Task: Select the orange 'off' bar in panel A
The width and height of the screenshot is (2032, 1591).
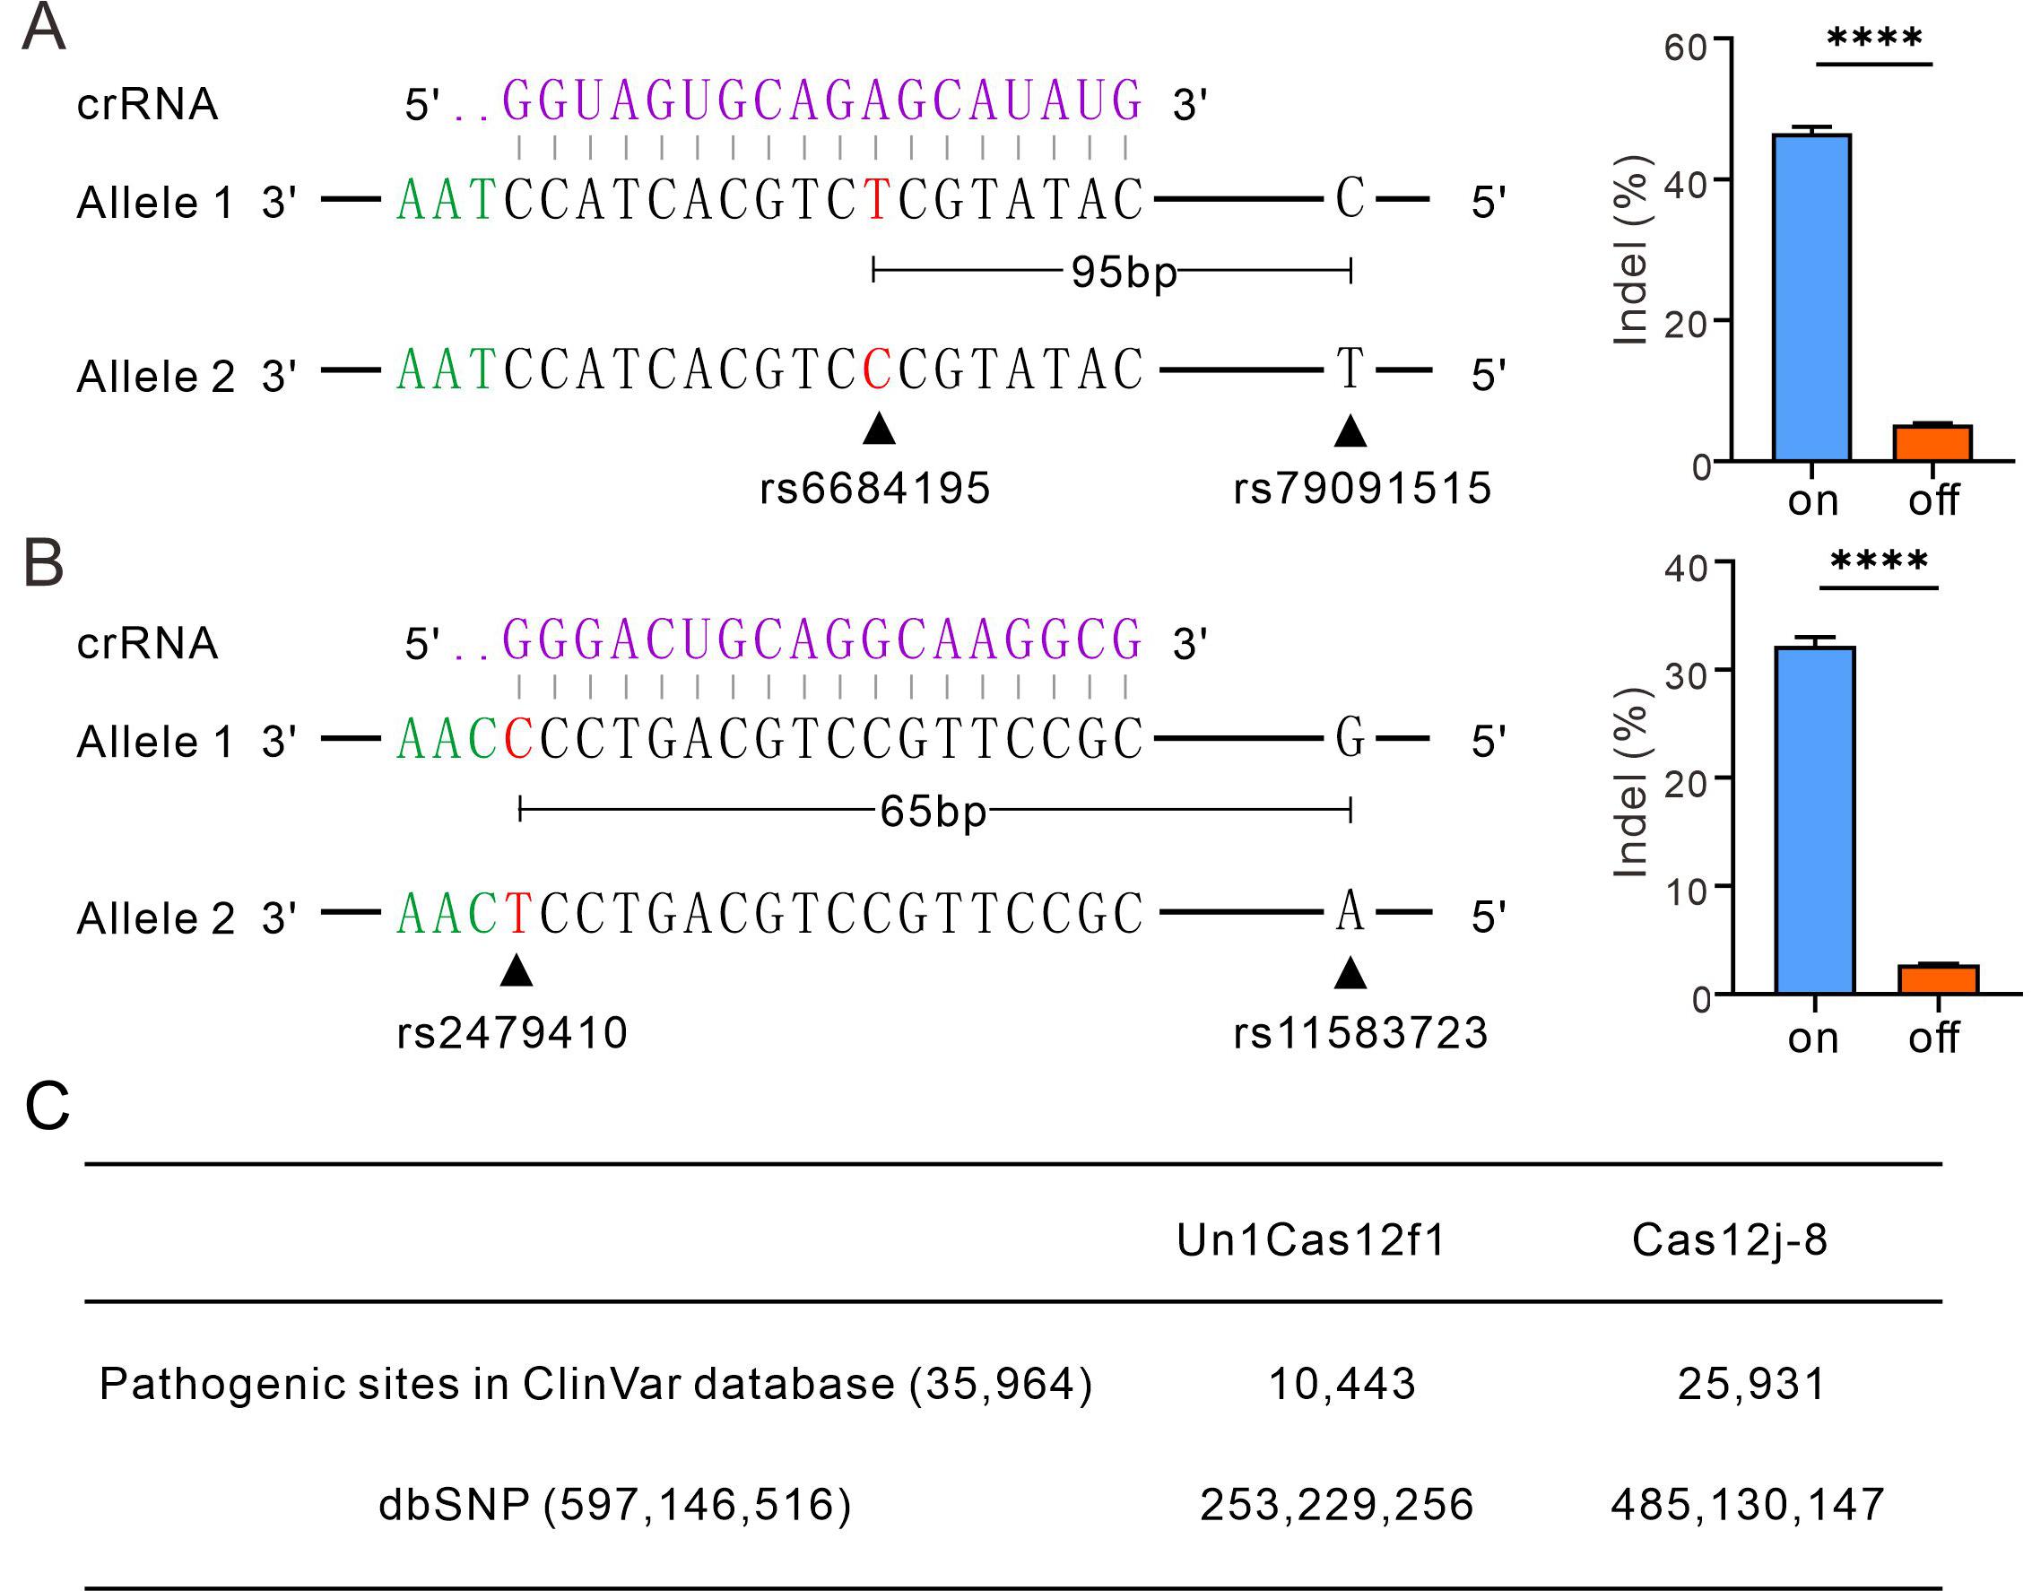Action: (1932, 442)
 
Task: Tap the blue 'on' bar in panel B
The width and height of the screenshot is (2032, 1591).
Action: (1814, 820)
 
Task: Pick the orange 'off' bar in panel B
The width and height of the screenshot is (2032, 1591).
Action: (1938, 979)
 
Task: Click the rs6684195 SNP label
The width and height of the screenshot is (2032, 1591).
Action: (874, 488)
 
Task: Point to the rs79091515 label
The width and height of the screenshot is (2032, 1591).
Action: (1361, 488)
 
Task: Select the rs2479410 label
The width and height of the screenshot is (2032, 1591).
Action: (512, 1033)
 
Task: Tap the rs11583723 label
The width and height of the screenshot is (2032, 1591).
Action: (1360, 1033)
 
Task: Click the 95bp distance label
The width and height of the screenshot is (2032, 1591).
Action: (1123, 273)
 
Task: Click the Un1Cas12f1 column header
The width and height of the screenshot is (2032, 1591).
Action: (1311, 1240)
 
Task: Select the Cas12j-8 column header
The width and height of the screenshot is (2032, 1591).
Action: (1729, 1240)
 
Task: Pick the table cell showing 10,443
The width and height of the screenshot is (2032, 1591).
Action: (1342, 1384)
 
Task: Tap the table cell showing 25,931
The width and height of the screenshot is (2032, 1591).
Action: (1751, 1384)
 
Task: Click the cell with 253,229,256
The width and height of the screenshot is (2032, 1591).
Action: (1336, 1504)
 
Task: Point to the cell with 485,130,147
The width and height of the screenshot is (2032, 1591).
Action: (1747, 1504)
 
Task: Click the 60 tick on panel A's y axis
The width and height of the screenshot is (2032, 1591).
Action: (1685, 47)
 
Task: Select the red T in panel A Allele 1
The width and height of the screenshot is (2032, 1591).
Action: (875, 198)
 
